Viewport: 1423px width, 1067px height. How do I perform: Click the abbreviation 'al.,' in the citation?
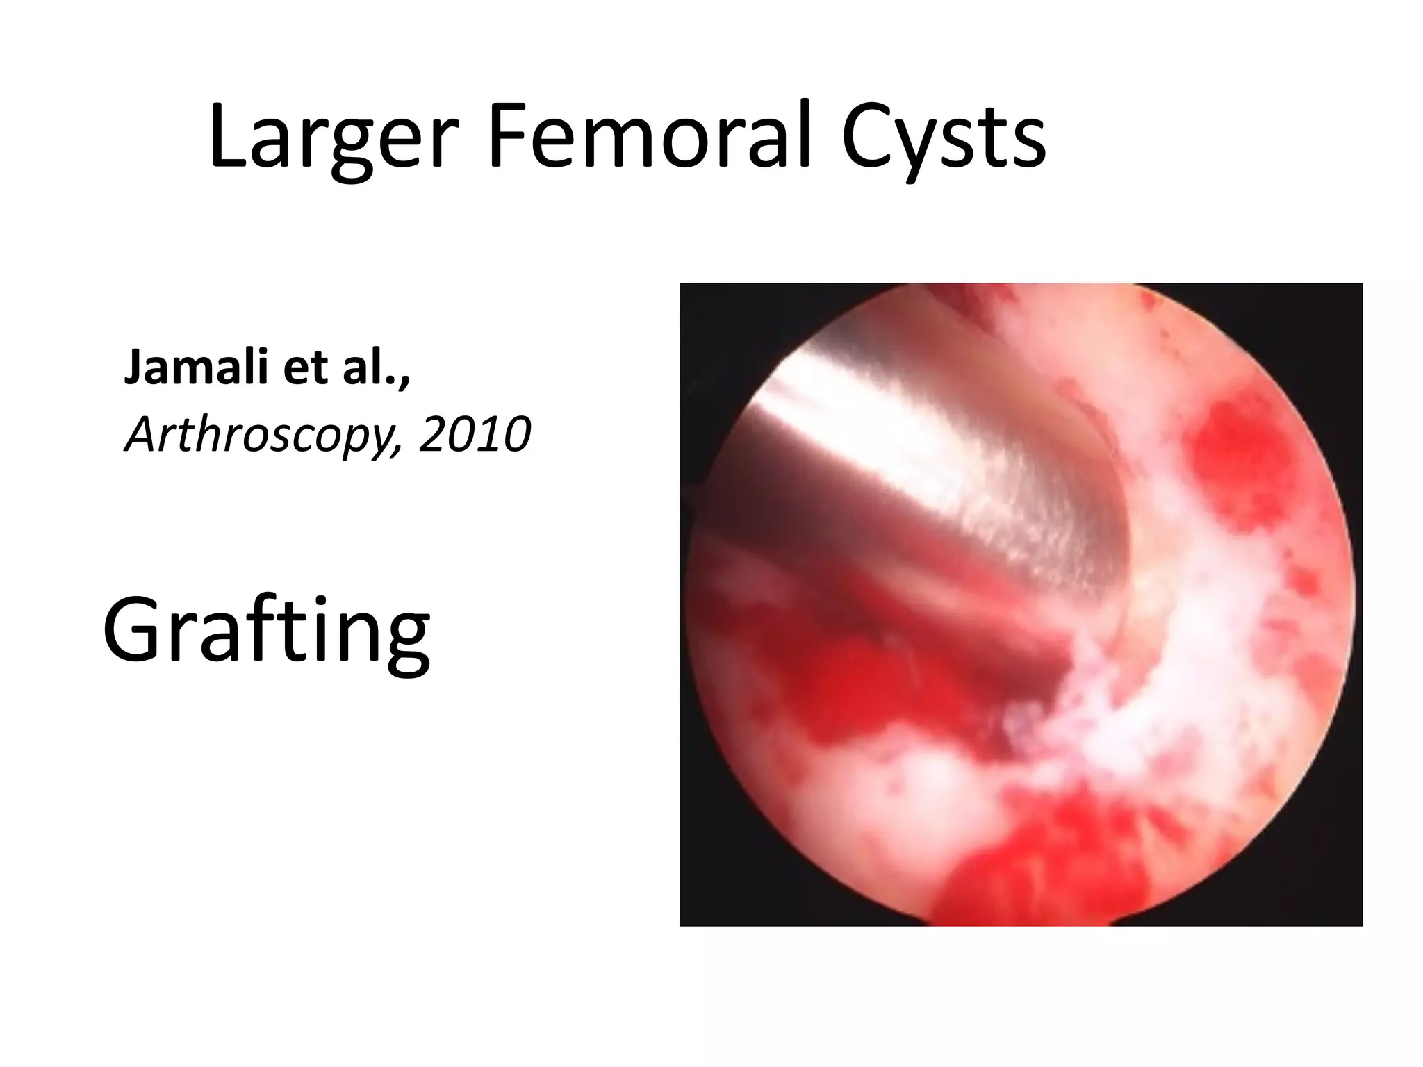point(376,368)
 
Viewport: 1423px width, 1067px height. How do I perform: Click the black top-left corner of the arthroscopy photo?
point(702,306)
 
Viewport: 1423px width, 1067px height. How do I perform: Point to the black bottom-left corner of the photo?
point(702,903)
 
